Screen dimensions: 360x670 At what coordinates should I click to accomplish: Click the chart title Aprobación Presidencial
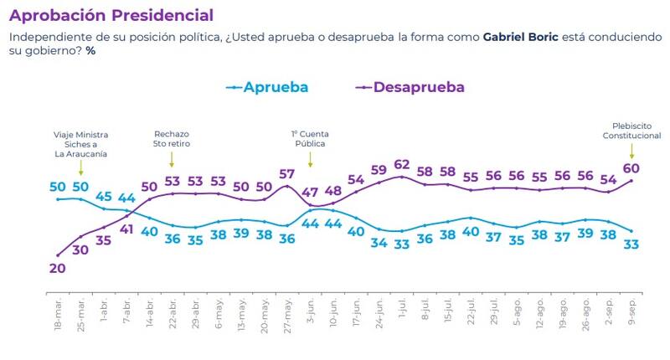pyautogui.click(x=111, y=16)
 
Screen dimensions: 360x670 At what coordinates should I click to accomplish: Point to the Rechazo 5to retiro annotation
pyautogui.click(x=172, y=138)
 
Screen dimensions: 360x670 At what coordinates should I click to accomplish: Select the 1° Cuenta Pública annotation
pyautogui.click(x=308, y=138)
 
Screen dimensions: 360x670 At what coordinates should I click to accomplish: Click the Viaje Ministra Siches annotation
pyautogui.click(x=81, y=143)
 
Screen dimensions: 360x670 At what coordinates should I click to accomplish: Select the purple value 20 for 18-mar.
pyautogui.click(x=57, y=269)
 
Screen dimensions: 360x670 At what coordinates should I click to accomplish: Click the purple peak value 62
pyautogui.click(x=401, y=164)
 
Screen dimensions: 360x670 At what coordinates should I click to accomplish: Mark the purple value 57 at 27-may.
pyautogui.click(x=287, y=174)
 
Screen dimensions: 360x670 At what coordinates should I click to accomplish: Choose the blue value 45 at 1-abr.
pyautogui.click(x=104, y=198)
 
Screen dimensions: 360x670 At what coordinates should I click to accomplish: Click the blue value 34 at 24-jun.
pyautogui.click(x=379, y=243)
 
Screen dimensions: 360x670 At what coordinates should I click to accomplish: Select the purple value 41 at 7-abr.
pyautogui.click(x=126, y=229)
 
